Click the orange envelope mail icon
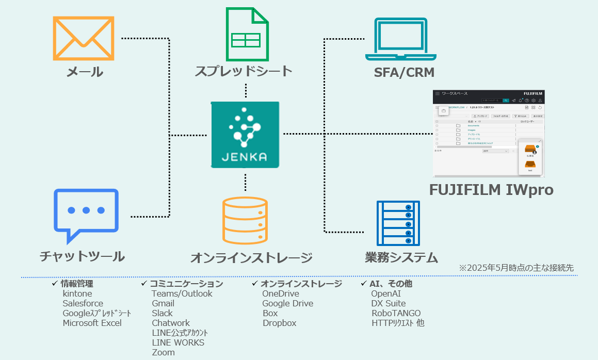[83, 38]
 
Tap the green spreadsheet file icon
[247, 35]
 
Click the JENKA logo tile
[245, 135]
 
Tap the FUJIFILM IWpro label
[491, 190]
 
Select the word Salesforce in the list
[83, 303]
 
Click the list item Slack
[162, 313]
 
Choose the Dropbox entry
[279, 323]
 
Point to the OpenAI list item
[386, 293]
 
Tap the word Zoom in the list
[163, 352]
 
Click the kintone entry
[77, 293]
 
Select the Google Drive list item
[287, 303]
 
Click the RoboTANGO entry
[396, 313]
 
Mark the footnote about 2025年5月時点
[516, 268]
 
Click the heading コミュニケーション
[186, 284]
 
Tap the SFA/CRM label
[404, 72]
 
